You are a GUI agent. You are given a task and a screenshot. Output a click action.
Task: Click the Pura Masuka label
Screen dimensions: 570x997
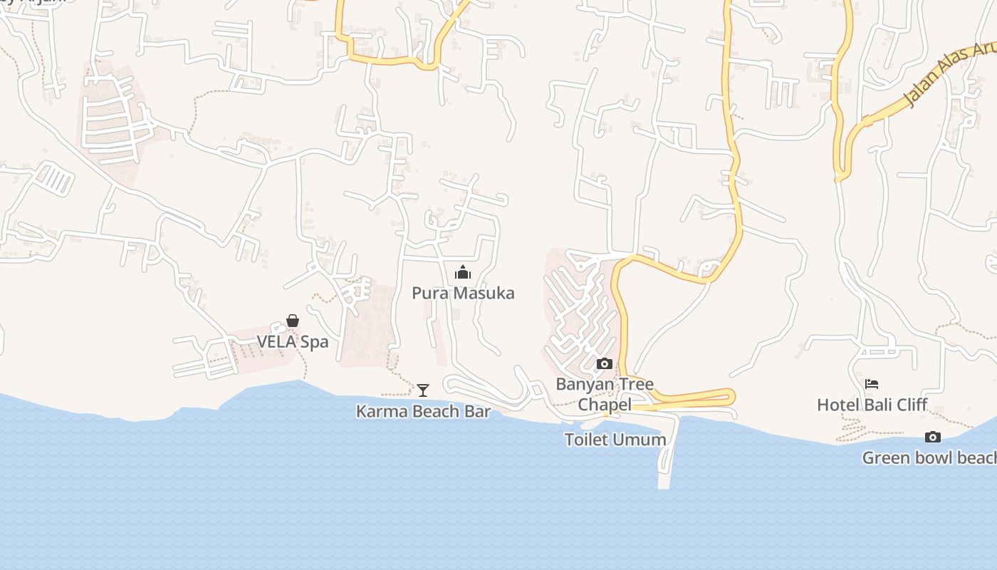pos(463,293)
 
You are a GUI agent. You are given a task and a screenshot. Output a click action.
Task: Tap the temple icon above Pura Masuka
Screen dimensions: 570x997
pos(463,272)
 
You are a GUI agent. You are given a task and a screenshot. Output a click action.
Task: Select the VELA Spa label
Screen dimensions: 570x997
pos(293,341)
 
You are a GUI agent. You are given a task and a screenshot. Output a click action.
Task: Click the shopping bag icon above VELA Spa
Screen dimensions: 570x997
pos(293,321)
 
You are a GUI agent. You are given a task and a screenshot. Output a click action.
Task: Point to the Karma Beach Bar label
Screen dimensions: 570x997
pos(423,411)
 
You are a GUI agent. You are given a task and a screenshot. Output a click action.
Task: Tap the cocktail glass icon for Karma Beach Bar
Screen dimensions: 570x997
pos(423,390)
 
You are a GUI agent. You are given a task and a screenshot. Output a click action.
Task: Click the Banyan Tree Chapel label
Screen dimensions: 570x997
pos(605,394)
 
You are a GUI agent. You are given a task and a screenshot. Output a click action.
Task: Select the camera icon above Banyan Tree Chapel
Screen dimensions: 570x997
pos(604,364)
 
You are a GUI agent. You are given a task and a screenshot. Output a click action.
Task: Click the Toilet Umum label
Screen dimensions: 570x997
pos(615,440)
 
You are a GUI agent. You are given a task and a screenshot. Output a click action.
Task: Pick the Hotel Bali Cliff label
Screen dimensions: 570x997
pos(872,405)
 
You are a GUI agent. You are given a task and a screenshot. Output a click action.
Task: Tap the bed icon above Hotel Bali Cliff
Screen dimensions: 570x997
pos(872,384)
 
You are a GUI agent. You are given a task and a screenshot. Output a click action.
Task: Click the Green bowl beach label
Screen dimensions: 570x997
pos(929,457)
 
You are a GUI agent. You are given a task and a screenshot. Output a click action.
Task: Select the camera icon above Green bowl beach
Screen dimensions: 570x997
pos(932,437)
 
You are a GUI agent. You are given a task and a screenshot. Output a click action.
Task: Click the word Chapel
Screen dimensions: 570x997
pos(605,405)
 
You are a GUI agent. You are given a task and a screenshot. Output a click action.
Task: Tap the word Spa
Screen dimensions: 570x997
pos(313,341)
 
